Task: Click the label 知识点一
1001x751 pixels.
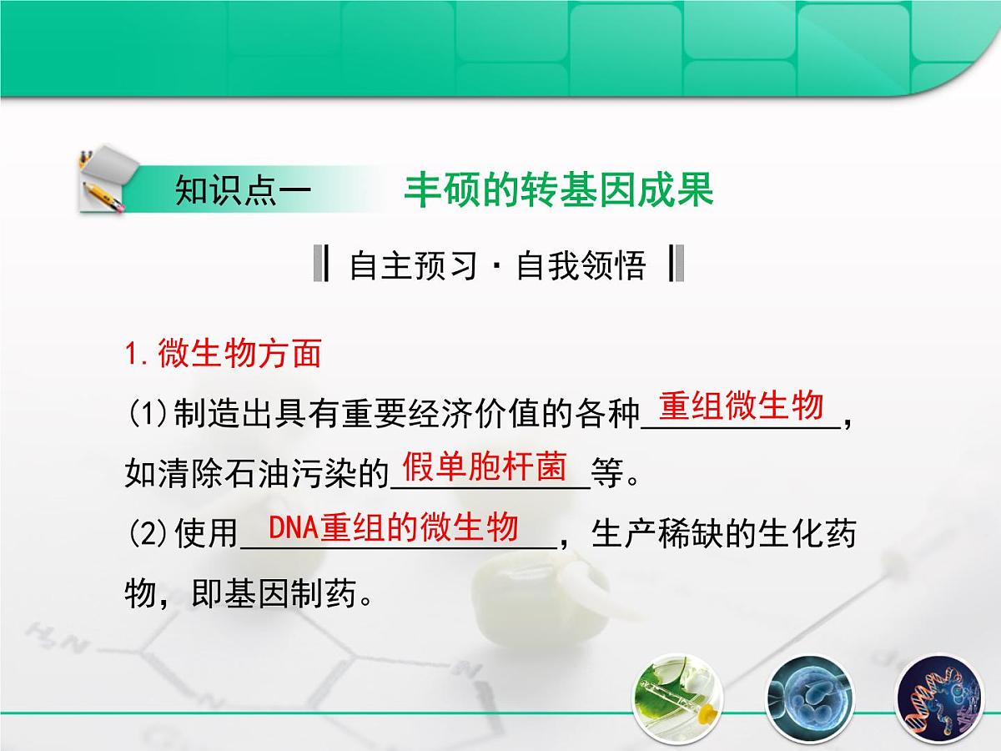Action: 243,190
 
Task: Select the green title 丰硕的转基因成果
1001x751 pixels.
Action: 559,189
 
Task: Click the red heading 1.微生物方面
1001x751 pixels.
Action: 223,354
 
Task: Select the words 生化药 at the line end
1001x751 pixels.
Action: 806,534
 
